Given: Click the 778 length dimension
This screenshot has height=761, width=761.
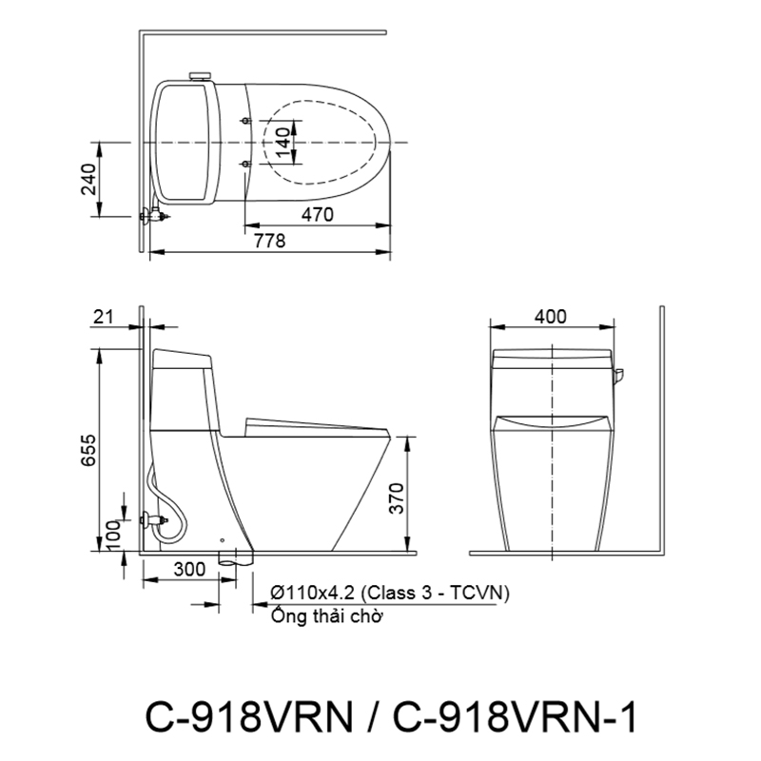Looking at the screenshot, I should click(270, 242).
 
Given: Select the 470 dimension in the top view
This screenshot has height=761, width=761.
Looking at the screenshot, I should click(317, 215).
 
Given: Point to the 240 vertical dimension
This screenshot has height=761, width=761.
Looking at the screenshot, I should click(88, 179).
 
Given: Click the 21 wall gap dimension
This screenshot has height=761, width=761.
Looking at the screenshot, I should click(105, 316).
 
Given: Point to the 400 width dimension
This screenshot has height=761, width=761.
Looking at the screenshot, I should click(551, 317).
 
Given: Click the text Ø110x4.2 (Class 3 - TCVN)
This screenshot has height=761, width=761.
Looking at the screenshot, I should click(390, 592).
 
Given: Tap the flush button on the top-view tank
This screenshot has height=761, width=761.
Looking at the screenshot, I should click(201, 76).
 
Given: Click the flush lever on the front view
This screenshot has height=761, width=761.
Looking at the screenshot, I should click(618, 378).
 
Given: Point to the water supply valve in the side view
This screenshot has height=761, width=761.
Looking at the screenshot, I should click(152, 519).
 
